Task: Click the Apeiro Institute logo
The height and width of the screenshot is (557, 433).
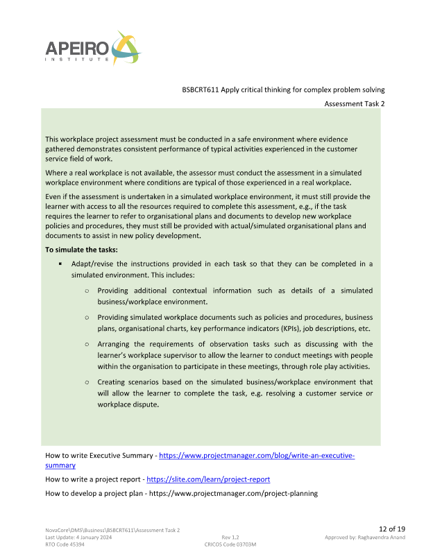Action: tap(92, 49)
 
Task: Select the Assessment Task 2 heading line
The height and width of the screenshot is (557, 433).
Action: tap(354, 103)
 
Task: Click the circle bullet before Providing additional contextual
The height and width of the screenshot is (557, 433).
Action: tap(87, 291)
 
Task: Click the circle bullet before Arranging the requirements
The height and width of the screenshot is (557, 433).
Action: tap(87, 344)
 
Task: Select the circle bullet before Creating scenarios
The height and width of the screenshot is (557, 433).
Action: tap(87, 382)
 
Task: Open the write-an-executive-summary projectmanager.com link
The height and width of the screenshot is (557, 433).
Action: tap(257, 456)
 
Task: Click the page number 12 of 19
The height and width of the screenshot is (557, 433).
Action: tap(391, 529)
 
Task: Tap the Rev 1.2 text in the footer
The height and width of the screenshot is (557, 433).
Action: tap(230, 538)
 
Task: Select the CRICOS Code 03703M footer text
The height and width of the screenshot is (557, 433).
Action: tap(226, 545)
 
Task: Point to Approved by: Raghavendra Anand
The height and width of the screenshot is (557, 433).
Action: tap(364, 538)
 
